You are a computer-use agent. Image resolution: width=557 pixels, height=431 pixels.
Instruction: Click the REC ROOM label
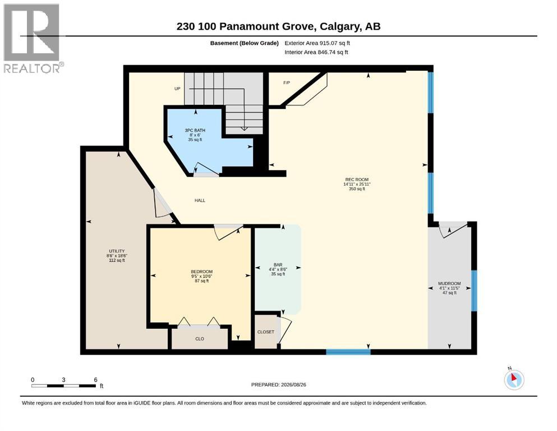357,180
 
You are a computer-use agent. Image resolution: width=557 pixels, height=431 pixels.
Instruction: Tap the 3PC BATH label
195,130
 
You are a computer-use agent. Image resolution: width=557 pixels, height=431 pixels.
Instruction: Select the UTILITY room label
117,251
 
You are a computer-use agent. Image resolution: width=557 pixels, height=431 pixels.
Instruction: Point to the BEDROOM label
202,272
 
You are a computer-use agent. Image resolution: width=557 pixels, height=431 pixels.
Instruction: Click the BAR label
278,265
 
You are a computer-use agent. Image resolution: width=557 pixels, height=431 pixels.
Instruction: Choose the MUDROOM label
449,283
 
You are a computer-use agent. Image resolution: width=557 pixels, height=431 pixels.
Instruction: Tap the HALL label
200,200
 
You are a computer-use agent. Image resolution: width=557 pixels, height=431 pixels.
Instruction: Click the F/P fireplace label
287,83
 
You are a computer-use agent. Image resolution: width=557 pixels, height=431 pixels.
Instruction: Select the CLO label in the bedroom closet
200,339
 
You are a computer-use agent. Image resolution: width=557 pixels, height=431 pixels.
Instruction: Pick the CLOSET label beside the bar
266,332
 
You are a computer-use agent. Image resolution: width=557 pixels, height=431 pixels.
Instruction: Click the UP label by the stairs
177,89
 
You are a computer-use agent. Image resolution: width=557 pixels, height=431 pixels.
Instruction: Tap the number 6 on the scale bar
95,380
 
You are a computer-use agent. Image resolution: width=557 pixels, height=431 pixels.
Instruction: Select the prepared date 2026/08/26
293,384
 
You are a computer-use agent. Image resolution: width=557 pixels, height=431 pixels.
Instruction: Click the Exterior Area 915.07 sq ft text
317,43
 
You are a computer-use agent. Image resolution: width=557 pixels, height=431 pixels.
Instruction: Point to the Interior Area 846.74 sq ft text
316,52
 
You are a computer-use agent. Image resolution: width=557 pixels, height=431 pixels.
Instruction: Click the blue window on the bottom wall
348,352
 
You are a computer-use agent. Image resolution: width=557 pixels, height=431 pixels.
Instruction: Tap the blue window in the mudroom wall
474,291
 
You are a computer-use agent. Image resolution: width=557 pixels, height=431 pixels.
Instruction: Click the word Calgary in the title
339,26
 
